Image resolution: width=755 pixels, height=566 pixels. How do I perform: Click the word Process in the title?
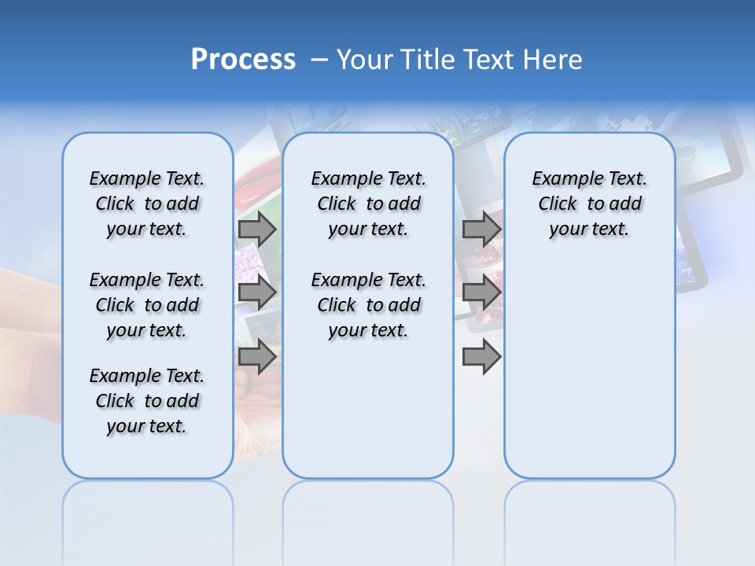click(243, 60)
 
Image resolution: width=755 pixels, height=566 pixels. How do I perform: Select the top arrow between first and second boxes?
click(256, 230)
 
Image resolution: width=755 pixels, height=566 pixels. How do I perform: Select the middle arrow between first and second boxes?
click(256, 293)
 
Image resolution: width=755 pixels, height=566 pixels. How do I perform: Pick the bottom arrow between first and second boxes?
click(256, 356)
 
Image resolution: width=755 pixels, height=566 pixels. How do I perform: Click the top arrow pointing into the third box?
click(481, 230)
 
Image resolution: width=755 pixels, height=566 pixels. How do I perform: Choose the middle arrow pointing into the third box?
click(481, 293)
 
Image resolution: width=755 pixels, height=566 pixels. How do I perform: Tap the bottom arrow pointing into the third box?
click(481, 356)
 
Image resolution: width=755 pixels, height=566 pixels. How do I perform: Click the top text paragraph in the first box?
click(147, 204)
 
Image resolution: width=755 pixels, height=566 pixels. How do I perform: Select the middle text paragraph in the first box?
click(147, 305)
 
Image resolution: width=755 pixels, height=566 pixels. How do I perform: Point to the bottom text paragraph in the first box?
click(147, 401)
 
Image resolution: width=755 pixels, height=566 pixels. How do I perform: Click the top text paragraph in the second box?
click(368, 204)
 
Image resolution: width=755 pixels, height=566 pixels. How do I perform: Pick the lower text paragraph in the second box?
click(368, 305)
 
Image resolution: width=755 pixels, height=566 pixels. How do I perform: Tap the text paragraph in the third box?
click(589, 204)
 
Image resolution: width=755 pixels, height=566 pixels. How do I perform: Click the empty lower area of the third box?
click(589, 369)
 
